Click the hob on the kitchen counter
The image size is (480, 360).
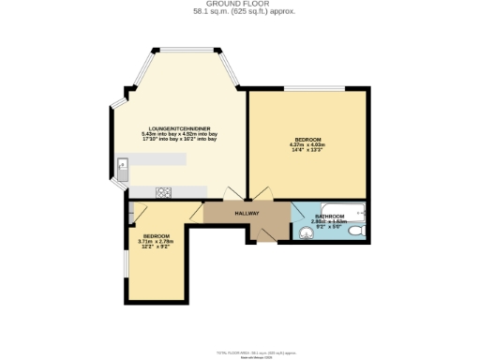163,192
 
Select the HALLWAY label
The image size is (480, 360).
247,213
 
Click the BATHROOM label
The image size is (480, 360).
329,217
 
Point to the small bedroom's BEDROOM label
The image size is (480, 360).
157,235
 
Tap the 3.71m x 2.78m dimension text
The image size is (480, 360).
157,242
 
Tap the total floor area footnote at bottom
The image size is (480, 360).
240,352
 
